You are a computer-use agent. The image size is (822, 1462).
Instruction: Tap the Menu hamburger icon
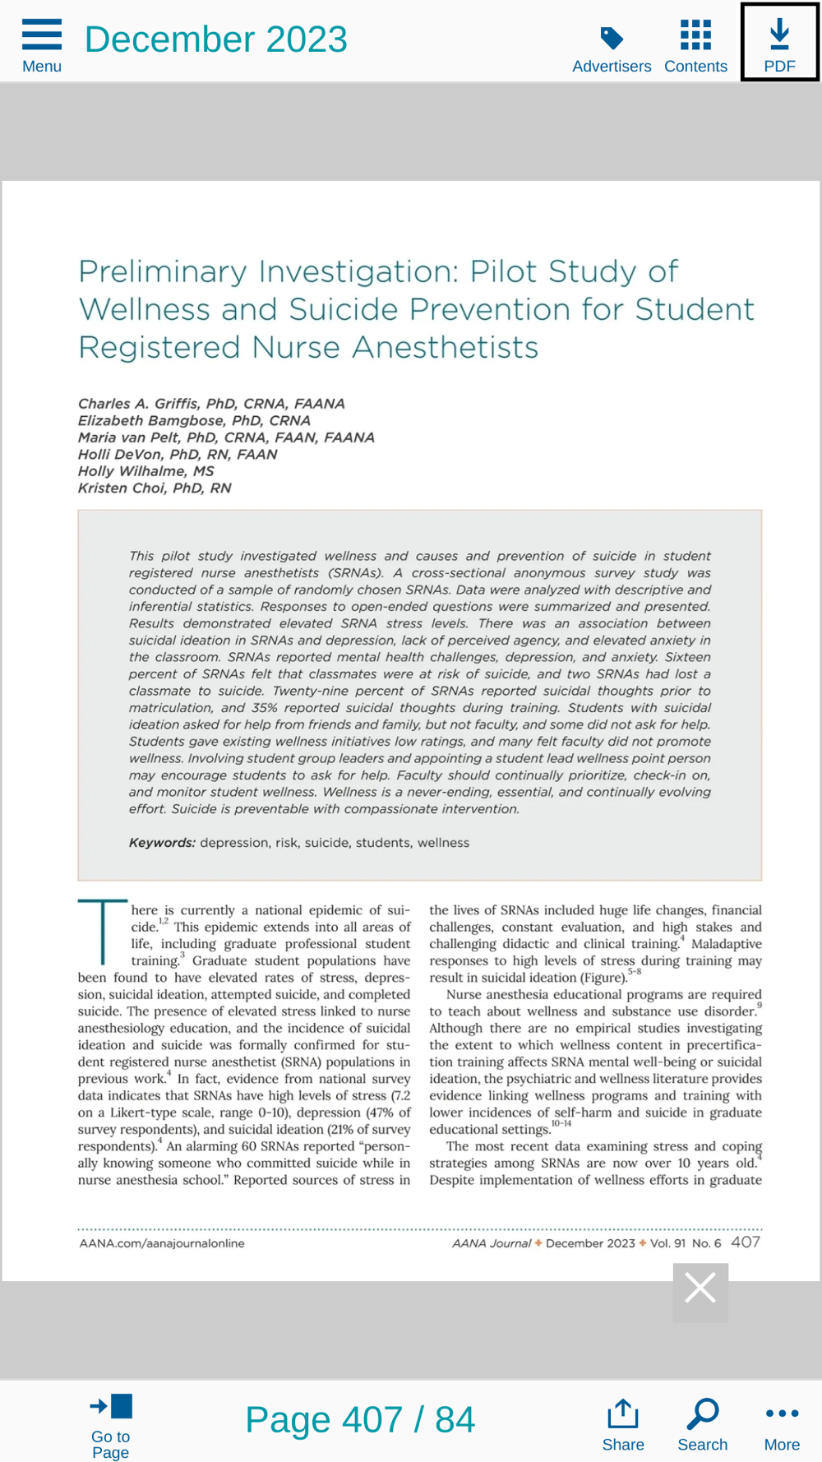coord(42,35)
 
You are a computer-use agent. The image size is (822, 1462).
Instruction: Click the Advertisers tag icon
coord(612,38)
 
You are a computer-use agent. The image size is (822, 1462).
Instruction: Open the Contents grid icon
coord(695,35)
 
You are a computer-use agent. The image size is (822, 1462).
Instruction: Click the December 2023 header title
coord(216,39)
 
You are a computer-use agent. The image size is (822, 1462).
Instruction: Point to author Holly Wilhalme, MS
coord(145,471)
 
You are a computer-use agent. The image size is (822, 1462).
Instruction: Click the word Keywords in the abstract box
coord(162,843)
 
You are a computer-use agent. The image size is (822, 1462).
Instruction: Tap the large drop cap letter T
coord(102,932)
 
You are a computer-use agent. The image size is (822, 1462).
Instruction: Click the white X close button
coord(700,1288)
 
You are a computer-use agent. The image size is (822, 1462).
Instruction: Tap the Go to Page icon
coord(111,1407)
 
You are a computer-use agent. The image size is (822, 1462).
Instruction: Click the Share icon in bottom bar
coord(623,1414)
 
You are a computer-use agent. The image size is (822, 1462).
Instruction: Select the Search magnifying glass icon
coord(703,1414)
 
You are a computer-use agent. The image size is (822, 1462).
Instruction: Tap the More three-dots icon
coord(782,1413)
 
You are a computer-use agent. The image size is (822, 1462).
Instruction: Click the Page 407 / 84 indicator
coord(360,1420)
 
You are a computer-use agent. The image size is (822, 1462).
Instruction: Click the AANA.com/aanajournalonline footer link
coord(162,1243)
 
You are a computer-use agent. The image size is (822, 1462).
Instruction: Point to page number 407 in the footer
coord(746,1242)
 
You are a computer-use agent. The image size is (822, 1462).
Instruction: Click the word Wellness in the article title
coord(145,310)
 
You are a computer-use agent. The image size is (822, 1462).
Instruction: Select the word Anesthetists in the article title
coord(446,348)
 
